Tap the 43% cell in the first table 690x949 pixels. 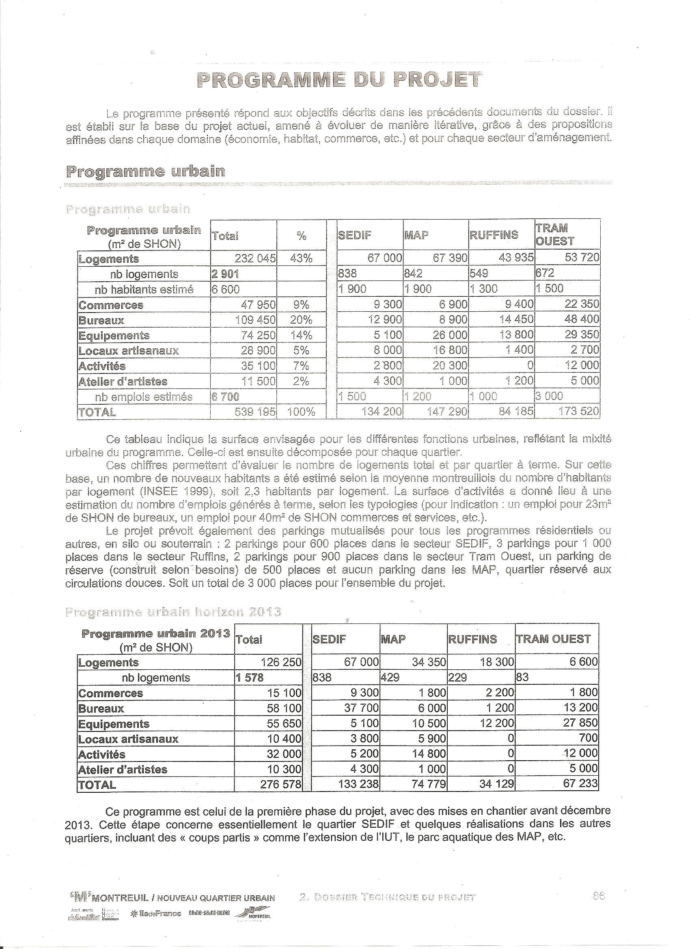pos(301,258)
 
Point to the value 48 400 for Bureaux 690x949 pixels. pos(582,320)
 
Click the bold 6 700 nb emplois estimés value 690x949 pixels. pos(226,397)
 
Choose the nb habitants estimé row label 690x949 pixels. pos(144,289)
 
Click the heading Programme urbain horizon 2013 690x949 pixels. pos(173,612)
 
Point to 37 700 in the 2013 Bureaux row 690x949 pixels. pos(362,708)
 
